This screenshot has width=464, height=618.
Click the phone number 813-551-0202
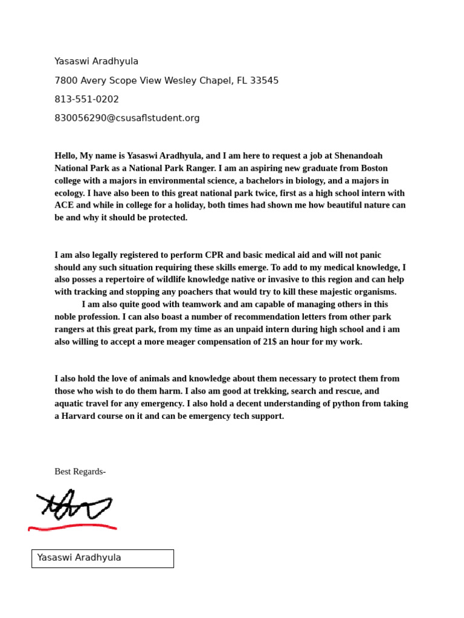(86, 100)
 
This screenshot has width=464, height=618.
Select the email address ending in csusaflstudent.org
(127, 118)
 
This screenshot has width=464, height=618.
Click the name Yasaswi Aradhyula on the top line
(96, 62)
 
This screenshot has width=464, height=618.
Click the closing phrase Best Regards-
(80, 471)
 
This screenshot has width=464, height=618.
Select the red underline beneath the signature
(72, 527)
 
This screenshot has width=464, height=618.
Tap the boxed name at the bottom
(102, 558)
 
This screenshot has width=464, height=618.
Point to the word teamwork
(180, 304)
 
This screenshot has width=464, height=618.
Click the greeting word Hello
(66, 156)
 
